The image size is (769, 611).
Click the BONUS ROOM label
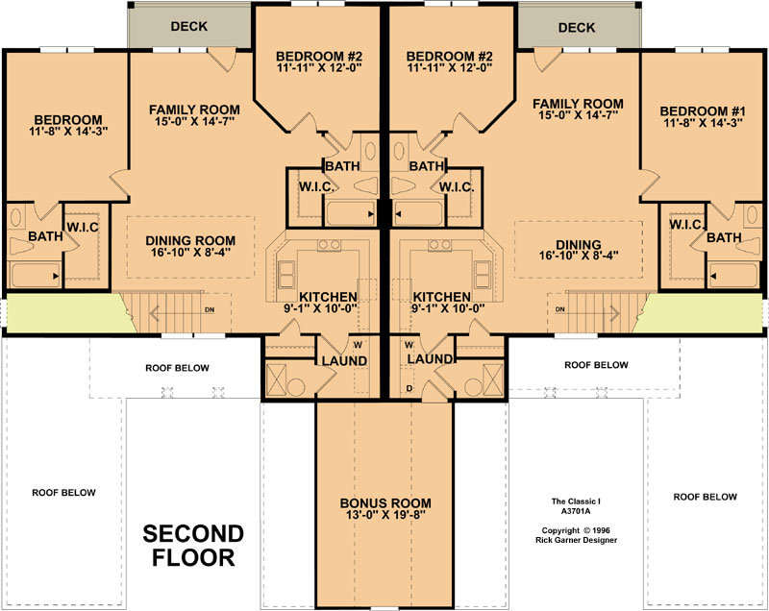tap(385, 503)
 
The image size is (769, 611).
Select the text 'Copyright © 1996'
tap(576, 530)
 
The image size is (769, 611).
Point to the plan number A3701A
tap(576, 511)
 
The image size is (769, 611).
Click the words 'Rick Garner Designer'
tap(576, 540)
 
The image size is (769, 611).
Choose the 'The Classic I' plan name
tap(576, 501)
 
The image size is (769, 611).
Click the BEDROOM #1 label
tap(703, 111)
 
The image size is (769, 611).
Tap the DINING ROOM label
tap(190, 240)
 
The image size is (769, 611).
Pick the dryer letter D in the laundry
tap(409, 388)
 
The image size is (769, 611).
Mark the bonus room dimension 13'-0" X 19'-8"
tap(385, 515)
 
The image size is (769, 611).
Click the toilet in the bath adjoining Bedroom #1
tap(751, 245)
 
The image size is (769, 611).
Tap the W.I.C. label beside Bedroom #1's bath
tap(687, 225)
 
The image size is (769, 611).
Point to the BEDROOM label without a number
tap(68, 119)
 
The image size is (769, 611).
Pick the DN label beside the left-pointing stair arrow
tap(210, 310)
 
